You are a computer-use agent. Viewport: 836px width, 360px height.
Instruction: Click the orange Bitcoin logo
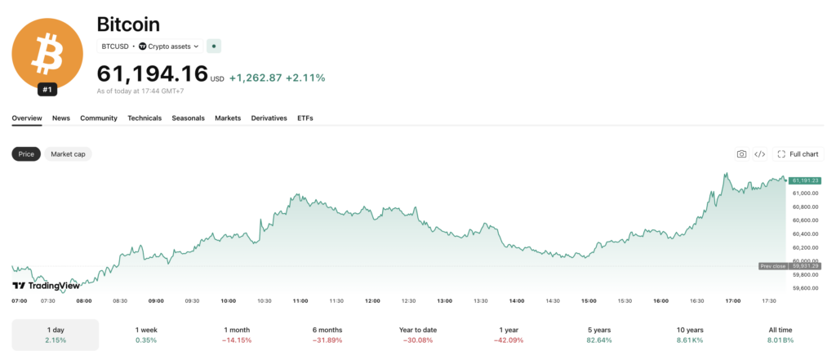point(47,54)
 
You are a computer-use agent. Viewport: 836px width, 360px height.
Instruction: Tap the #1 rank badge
point(47,90)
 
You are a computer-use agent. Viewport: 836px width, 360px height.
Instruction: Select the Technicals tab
point(145,118)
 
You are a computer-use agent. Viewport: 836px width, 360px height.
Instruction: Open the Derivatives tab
point(269,118)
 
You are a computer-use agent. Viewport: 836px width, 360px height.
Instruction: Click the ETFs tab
point(305,118)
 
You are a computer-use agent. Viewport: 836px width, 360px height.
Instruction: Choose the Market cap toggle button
point(69,154)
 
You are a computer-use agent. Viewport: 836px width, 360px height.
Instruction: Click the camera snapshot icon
point(741,154)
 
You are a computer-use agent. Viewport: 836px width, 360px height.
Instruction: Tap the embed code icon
point(760,154)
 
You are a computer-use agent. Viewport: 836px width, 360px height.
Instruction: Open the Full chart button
point(798,154)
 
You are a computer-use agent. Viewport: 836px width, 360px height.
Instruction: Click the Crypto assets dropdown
point(168,47)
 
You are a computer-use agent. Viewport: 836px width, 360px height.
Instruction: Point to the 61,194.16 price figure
point(152,73)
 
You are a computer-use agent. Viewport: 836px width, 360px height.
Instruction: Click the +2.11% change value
point(305,78)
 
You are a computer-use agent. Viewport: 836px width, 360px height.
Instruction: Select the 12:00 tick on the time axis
point(372,300)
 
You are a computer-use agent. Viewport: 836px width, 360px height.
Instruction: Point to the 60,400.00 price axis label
point(805,234)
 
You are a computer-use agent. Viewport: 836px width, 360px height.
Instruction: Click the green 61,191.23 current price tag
point(805,180)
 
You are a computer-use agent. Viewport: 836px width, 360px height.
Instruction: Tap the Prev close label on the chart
point(773,266)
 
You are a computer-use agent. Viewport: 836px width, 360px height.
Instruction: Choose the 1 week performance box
point(146,335)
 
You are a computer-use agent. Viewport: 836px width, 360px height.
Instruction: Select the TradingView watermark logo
point(46,286)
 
